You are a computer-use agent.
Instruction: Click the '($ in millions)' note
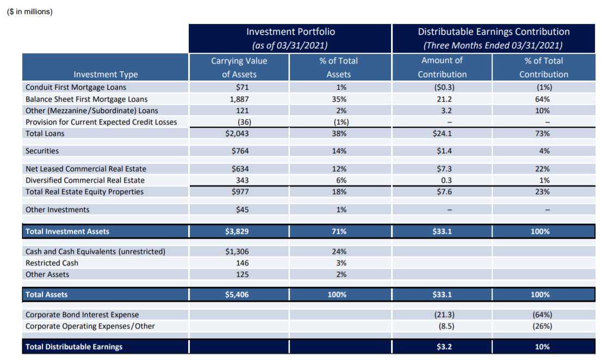(30, 11)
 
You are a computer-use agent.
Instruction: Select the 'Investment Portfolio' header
(290, 32)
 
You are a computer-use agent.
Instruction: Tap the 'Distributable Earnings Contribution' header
(493, 32)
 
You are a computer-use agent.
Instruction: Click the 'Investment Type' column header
(105, 75)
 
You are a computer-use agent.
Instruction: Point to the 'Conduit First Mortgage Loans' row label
(76, 87)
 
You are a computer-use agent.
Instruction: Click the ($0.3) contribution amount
(442, 87)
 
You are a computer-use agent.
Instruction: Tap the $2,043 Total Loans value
(239, 133)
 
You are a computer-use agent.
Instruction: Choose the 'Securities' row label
(42, 151)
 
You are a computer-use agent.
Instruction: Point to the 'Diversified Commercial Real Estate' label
(85, 180)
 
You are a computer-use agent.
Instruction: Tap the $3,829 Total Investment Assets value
(239, 231)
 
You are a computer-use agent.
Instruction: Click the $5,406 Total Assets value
(239, 294)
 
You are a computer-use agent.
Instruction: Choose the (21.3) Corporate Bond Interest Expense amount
(442, 314)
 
